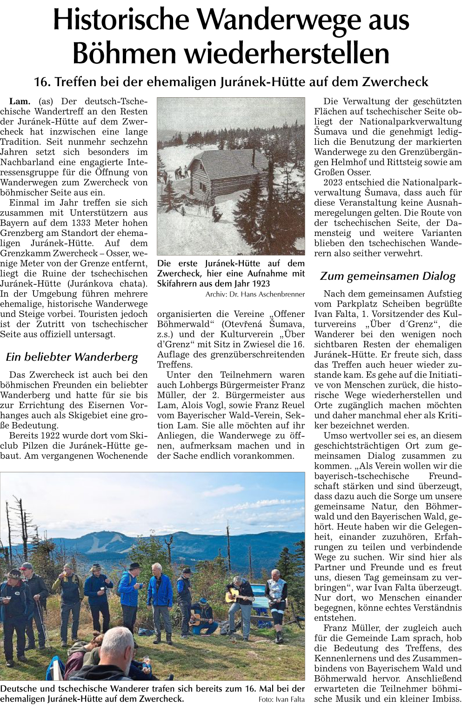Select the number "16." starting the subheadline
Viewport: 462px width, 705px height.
click(42, 82)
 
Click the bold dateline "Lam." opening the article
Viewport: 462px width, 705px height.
click(20, 101)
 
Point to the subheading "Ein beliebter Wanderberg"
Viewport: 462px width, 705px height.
click(72, 357)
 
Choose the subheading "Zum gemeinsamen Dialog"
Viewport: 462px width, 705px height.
click(388, 276)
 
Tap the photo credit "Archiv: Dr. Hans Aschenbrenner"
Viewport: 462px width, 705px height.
click(255, 295)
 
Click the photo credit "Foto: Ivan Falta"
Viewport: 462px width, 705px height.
click(281, 699)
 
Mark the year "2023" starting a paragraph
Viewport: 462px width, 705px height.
click(334, 182)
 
